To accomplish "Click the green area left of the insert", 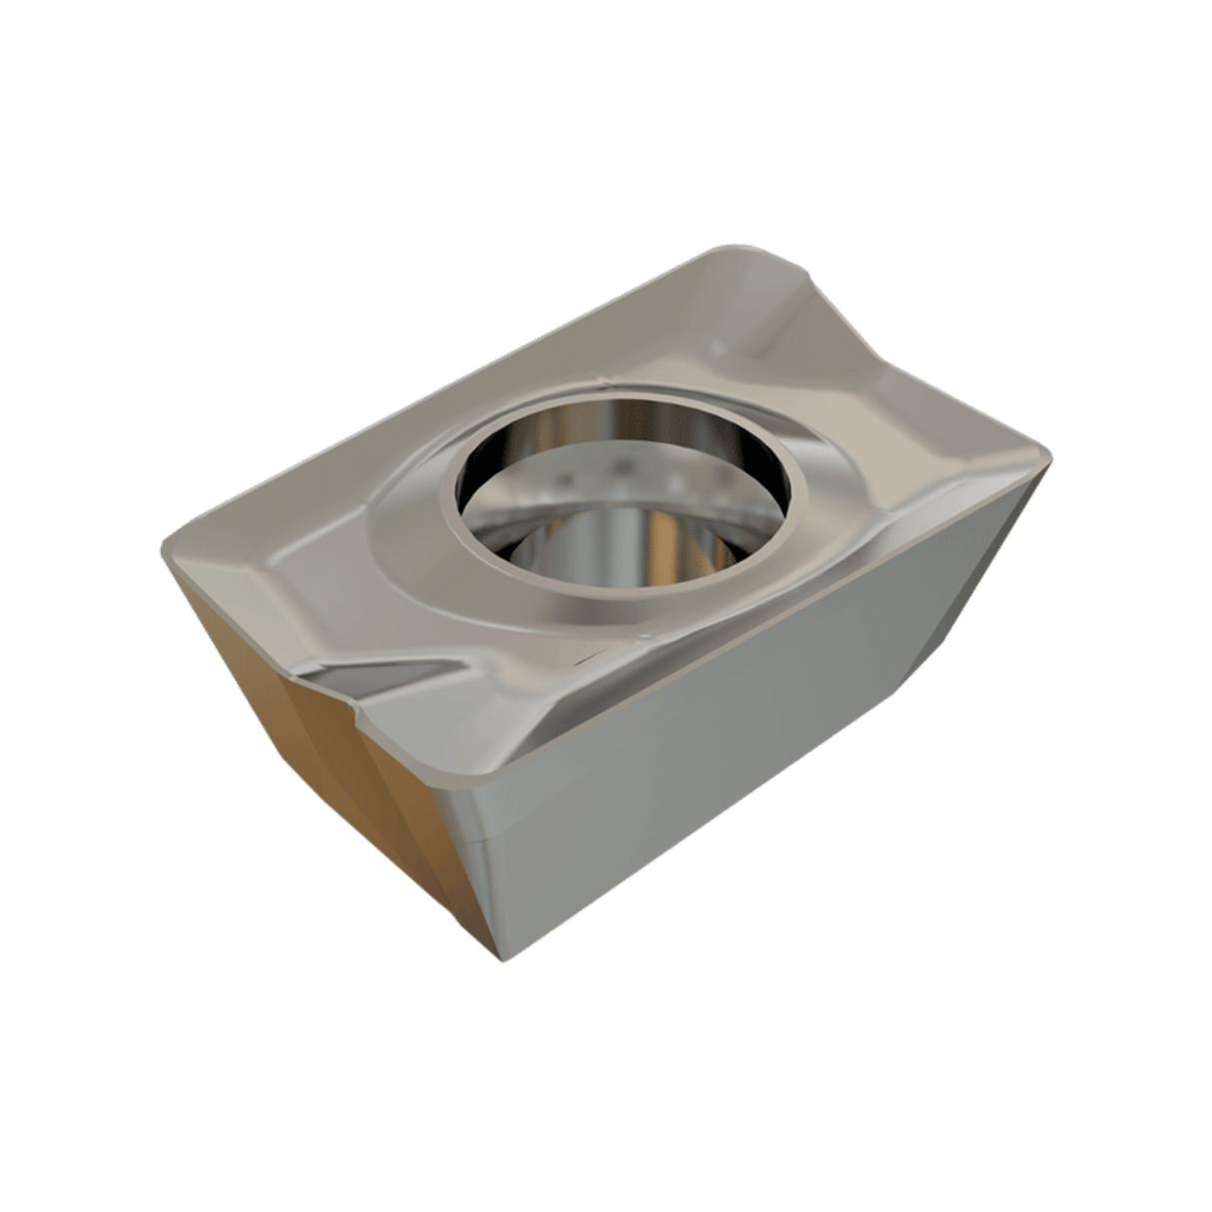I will click(80, 599).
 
